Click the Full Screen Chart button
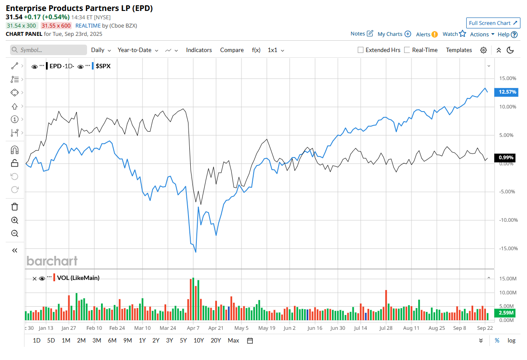[493, 23]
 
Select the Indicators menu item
[199, 50]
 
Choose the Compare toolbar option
[232, 50]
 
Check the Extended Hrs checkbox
[361, 50]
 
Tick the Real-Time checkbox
[407, 50]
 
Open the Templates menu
[459, 50]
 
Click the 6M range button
[112, 340]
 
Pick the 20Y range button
[216, 340]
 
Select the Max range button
[234, 340]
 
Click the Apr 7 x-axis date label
[193, 328]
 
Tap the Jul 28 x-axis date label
[386, 328]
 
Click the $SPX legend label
[103, 66]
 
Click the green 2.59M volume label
[506, 313]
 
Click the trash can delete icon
[14, 207]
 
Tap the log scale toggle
[511, 340]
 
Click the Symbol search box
[49, 50]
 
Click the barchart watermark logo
[52, 261]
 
